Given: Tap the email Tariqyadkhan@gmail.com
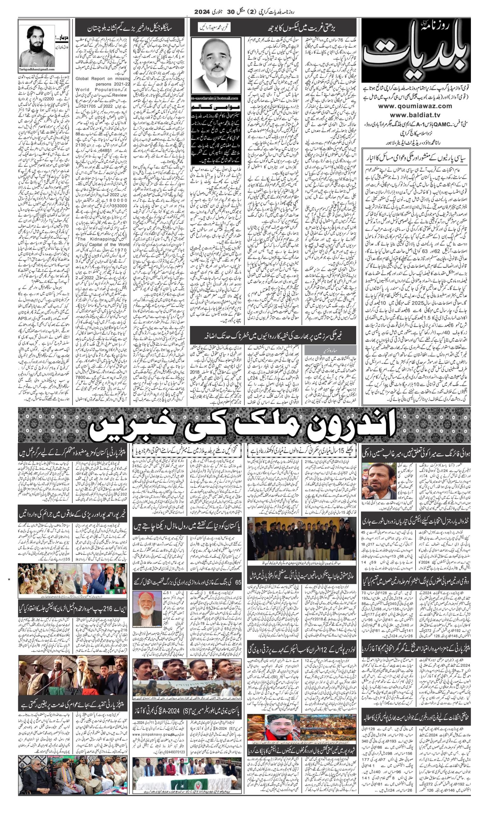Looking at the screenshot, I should click(37, 69).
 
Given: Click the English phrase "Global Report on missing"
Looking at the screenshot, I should click(103, 78).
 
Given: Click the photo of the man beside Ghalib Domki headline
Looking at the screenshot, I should click(374, 481).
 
